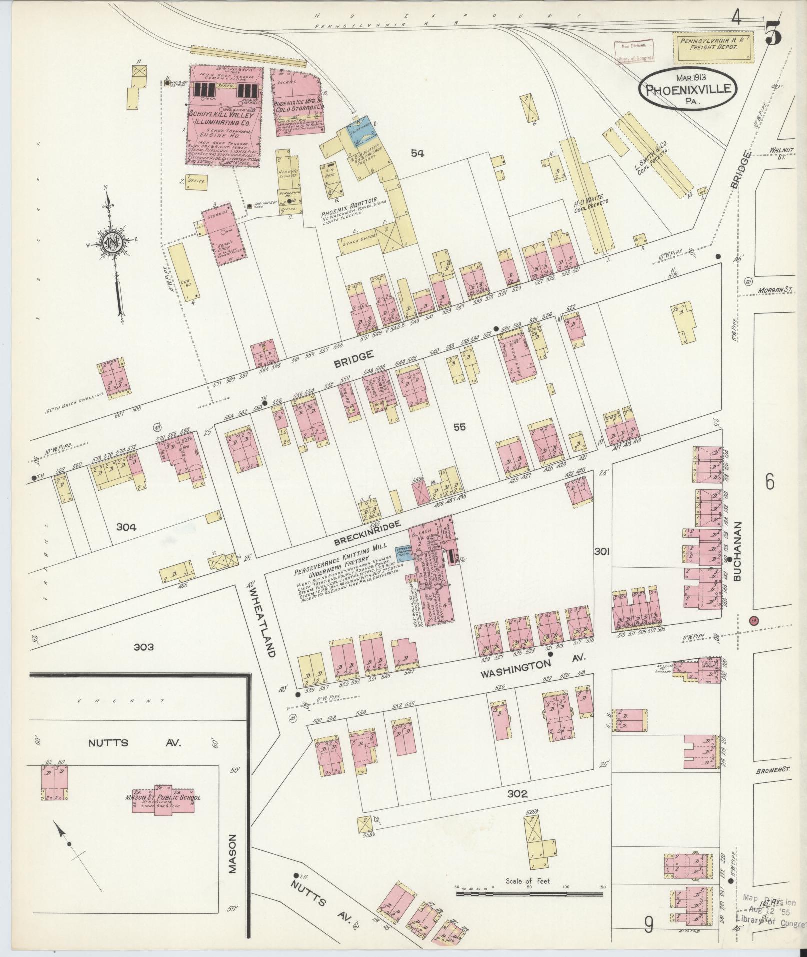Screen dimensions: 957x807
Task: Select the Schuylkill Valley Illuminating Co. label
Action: pos(221,118)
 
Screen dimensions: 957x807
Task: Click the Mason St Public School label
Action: pos(163,797)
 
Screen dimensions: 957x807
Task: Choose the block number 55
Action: pos(459,427)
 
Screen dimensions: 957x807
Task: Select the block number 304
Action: pos(126,526)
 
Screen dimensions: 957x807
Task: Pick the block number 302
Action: pos(517,793)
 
